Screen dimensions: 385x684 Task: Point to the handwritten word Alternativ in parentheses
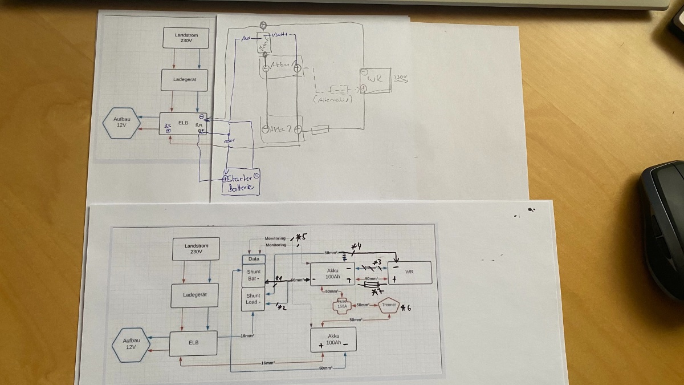click(333, 99)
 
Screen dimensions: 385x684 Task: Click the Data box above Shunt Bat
click(254, 258)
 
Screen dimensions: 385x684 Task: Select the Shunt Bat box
click(254, 275)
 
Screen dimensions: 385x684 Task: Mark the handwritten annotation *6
click(406, 309)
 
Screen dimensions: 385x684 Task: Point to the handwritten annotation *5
click(300, 237)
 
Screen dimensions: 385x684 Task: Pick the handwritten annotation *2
click(281, 308)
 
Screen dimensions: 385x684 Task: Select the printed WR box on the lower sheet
click(409, 272)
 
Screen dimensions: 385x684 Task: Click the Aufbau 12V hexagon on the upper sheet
click(121, 123)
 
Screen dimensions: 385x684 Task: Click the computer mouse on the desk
click(663, 228)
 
